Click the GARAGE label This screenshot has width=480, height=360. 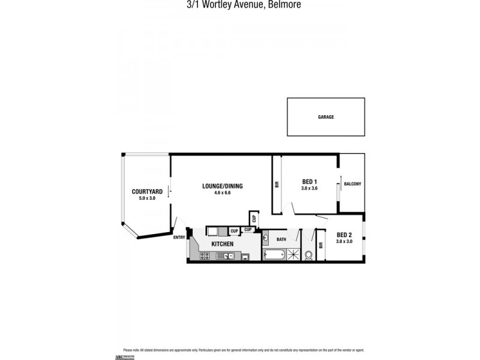pos(326,117)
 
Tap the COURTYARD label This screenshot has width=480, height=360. pos(143,191)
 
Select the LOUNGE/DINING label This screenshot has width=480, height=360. pos(221,186)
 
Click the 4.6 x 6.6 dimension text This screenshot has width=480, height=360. pos(221,193)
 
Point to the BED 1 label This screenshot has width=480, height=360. pos(308,182)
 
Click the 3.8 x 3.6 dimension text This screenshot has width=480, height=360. pos(308,188)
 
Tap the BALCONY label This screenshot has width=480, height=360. pos(353,184)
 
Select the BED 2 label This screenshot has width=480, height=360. pos(344,235)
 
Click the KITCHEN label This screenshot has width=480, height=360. pos(222,244)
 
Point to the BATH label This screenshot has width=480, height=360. pos(281,239)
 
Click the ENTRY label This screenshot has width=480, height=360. pos(179,238)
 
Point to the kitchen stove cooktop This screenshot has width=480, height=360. pos(205,256)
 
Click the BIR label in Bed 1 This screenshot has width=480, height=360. pos(277,185)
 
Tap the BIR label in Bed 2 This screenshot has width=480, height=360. pos(321,245)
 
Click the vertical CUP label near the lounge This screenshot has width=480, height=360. pos(254,219)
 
